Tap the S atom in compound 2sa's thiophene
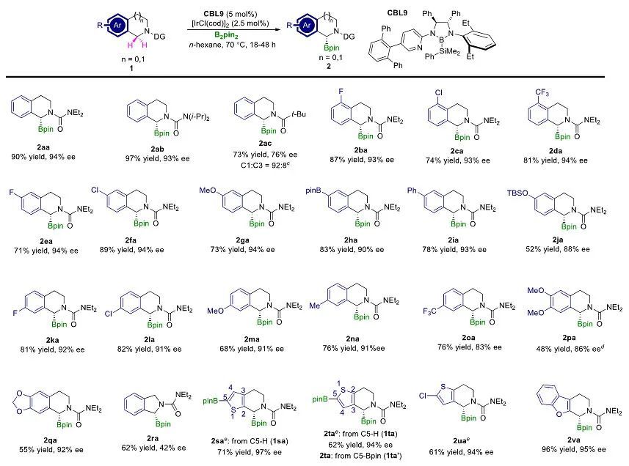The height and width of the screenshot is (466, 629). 224,405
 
